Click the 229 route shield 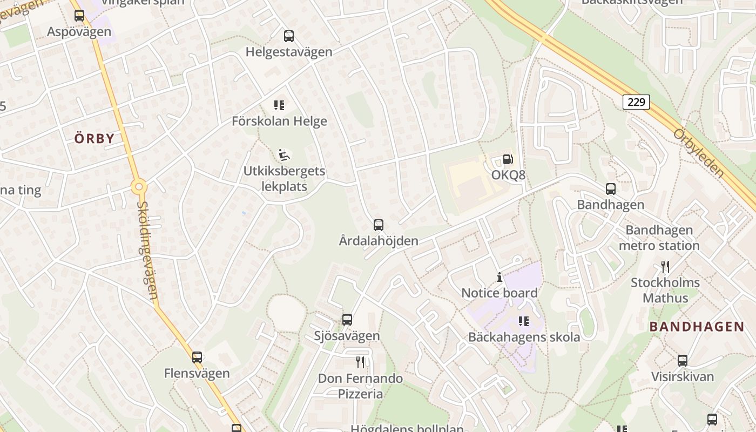pyautogui.click(x=637, y=102)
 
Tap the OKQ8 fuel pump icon pyautogui.click(x=508, y=159)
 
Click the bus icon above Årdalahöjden pyautogui.click(x=379, y=225)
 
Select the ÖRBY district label pyautogui.click(x=94, y=138)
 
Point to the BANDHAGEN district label pyautogui.click(x=697, y=326)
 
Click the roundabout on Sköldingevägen pyautogui.click(x=139, y=187)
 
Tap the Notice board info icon pyautogui.click(x=499, y=278)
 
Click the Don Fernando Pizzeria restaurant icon pyautogui.click(x=360, y=362)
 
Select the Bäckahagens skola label pyautogui.click(x=524, y=337)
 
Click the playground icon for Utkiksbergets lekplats pyautogui.click(x=283, y=156)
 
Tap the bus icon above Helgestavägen pyautogui.click(x=289, y=36)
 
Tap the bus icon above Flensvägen pyautogui.click(x=197, y=357)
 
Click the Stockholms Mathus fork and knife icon pyautogui.click(x=665, y=267)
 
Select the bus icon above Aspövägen pyautogui.click(x=79, y=16)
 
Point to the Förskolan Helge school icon pyautogui.click(x=279, y=105)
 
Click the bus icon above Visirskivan pyautogui.click(x=683, y=360)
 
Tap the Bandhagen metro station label pyautogui.click(x=659, y=238)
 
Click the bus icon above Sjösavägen pyautogui.click(x=347, y=320)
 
